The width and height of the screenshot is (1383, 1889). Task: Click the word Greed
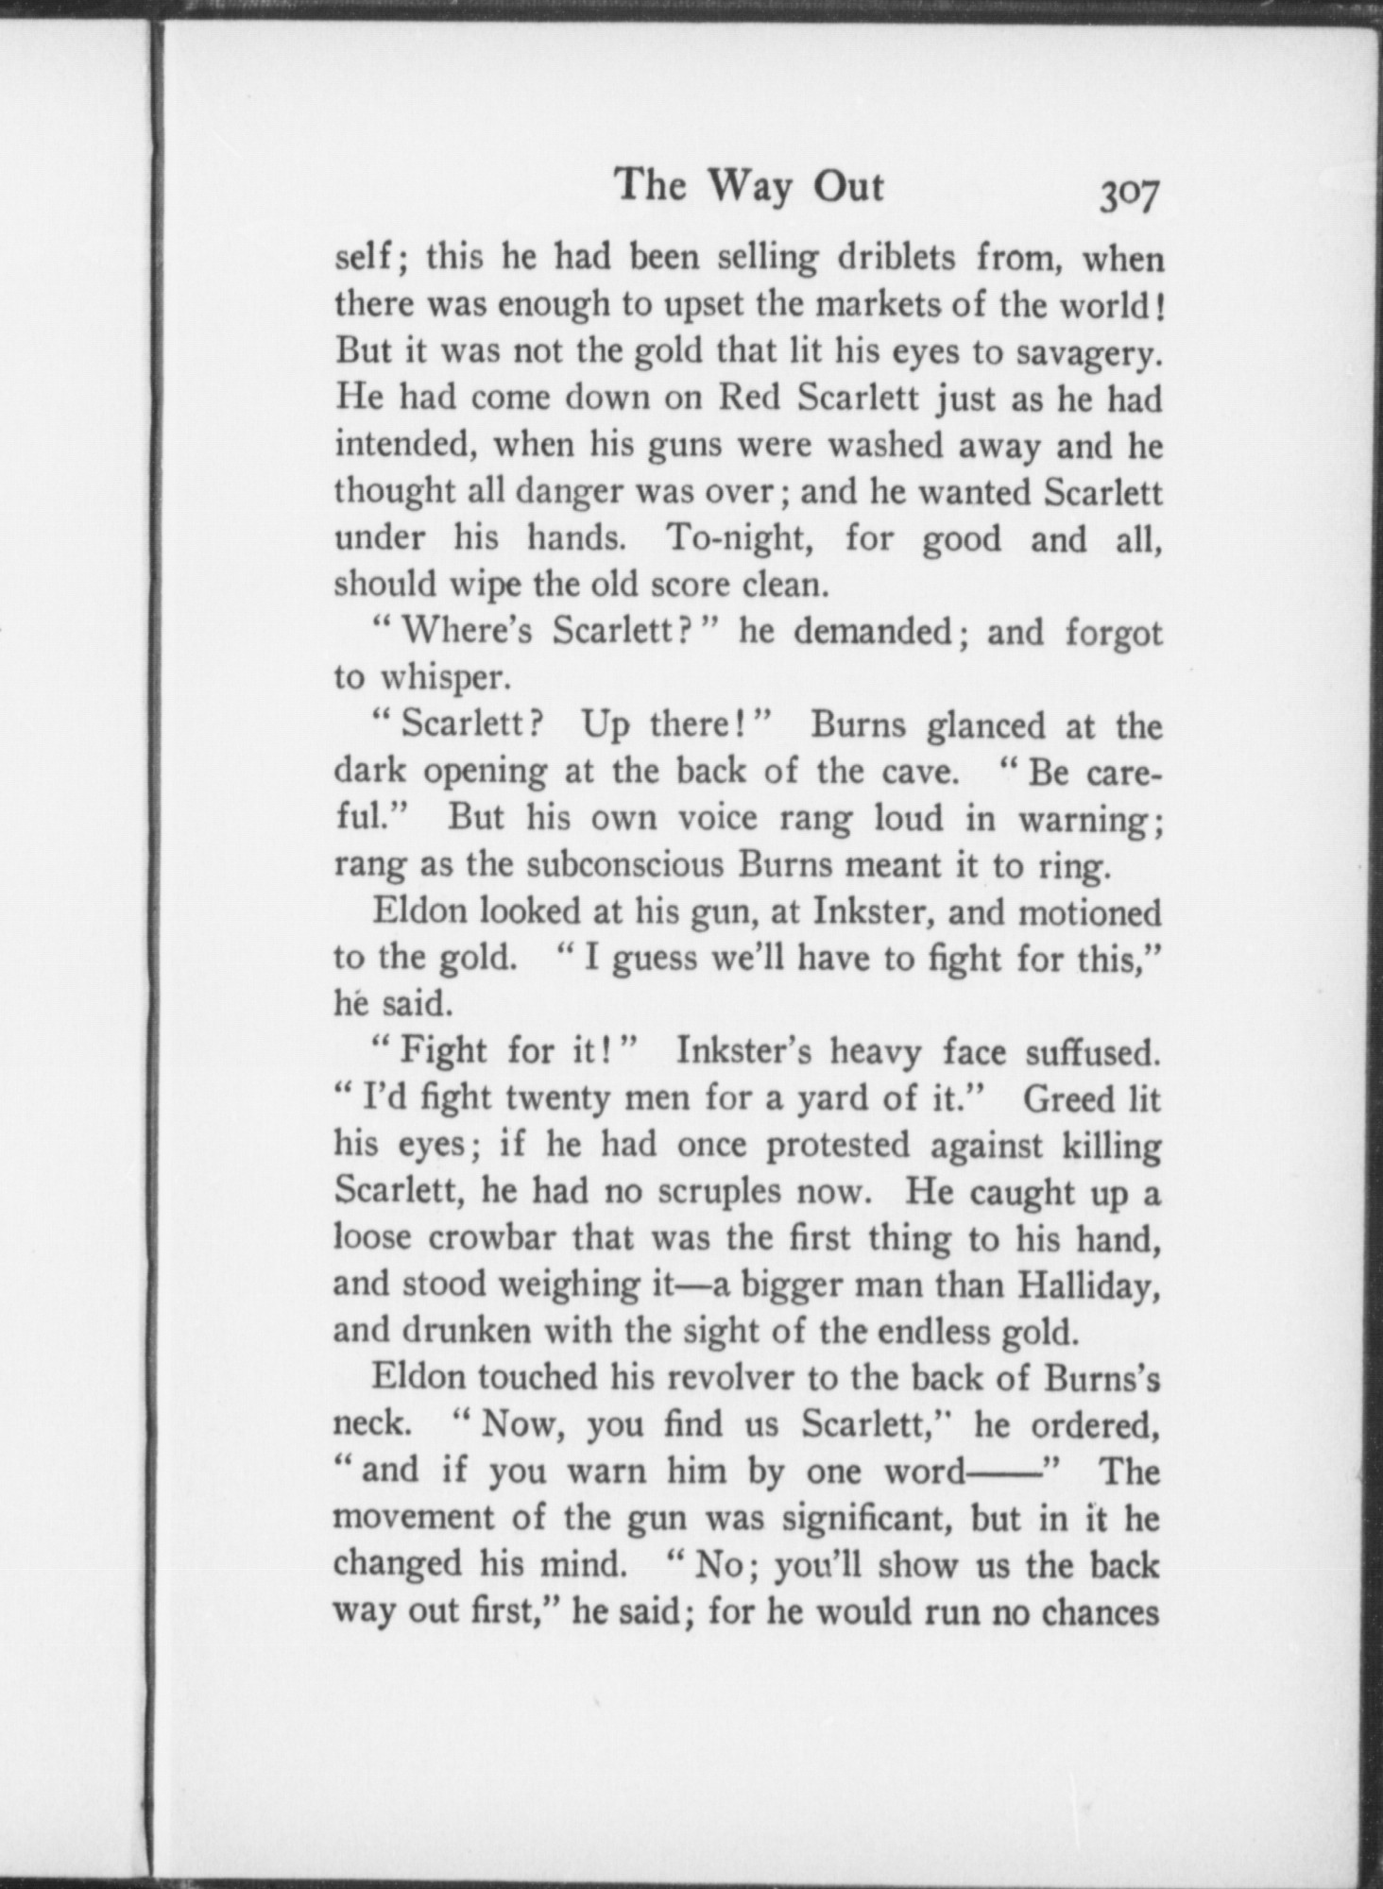click(x=1067, y=1098)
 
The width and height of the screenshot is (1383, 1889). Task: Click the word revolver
click(x=724, y=1377)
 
